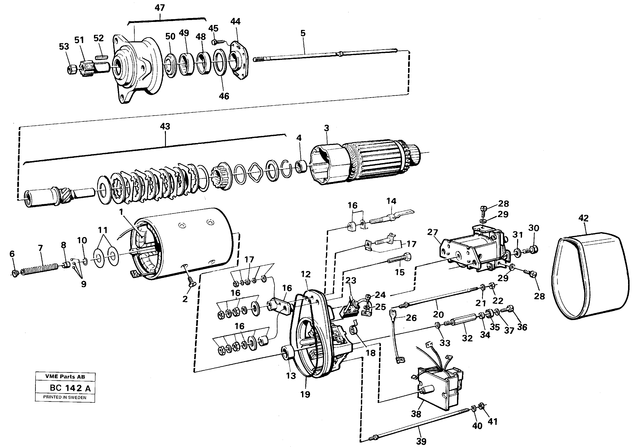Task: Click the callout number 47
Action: (160, 8)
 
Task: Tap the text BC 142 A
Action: (70, 388)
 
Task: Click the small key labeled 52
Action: (101, 57)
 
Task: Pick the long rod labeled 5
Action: (325, 55)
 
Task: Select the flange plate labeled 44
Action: (239, 60)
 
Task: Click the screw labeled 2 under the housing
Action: (190, 282)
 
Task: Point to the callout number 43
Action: (165, 127)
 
